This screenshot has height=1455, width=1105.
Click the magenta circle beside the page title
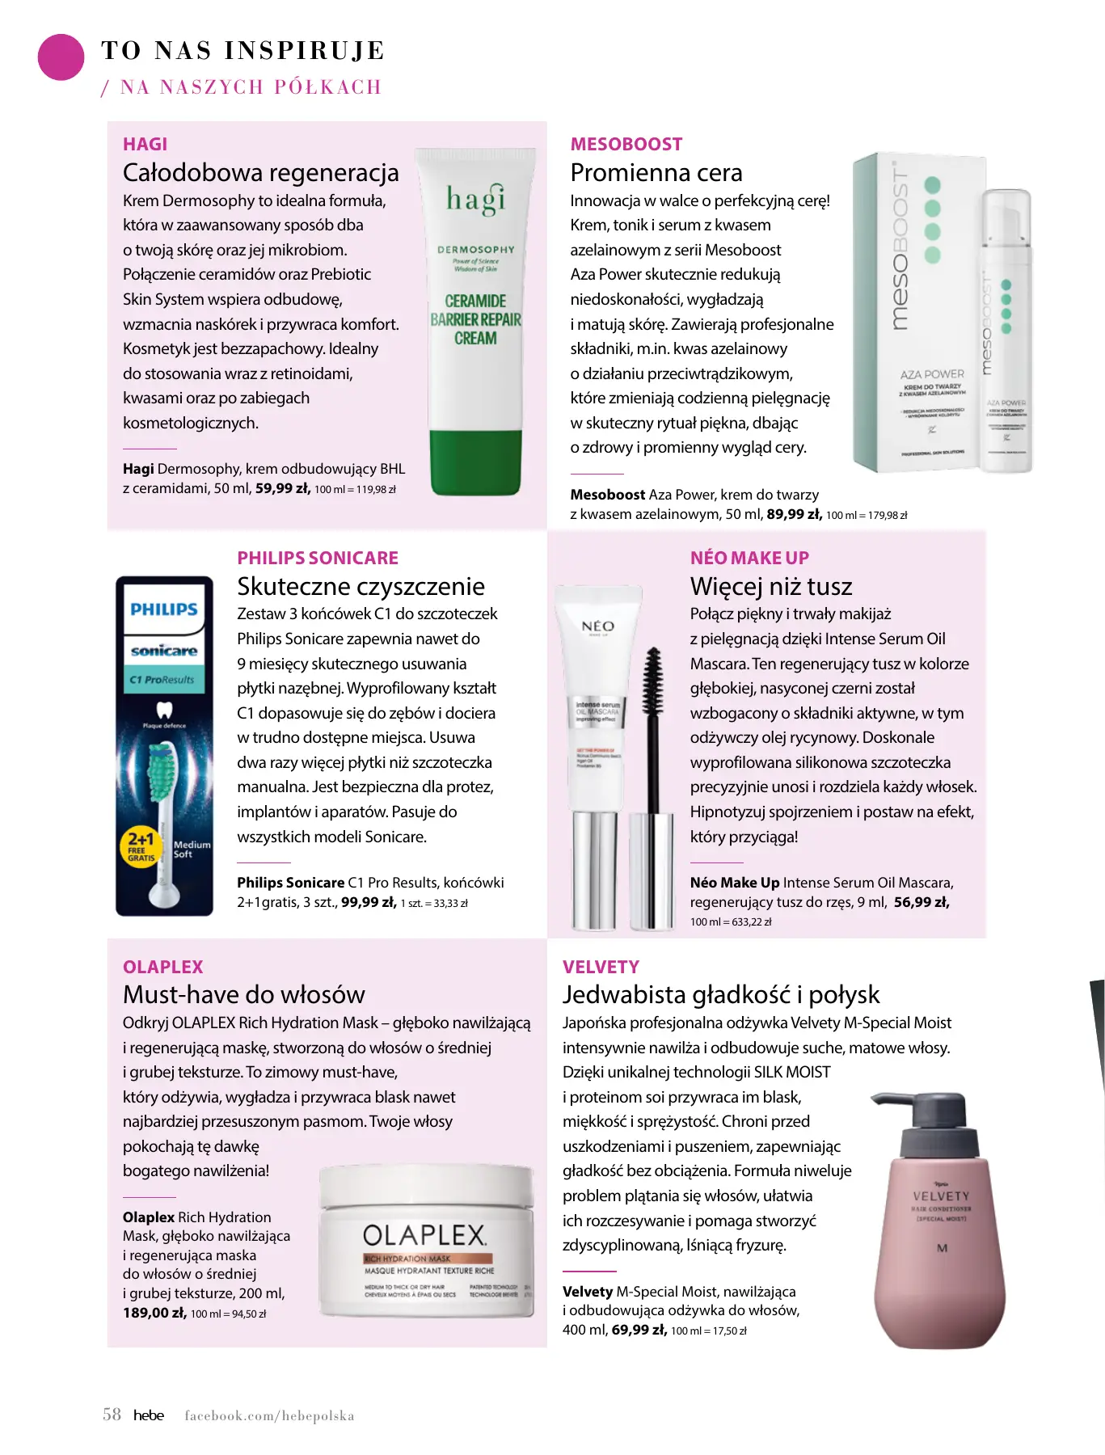pyautogui.click(x=61, y=57)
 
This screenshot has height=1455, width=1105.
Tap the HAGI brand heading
pyautogui.click(x=145, y=144)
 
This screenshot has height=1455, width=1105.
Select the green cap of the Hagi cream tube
pyautogui.click(x=475, y=462)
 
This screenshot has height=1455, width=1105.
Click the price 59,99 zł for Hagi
pyautogui.click(x=282, y=488)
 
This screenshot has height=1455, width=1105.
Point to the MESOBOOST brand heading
pyautogui.click(x=626, y=144)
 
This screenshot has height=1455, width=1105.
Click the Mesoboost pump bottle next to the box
pyautogui.click(x=1006, y=331)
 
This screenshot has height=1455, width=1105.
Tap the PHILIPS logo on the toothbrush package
pyautogui.click(x=164, y=609)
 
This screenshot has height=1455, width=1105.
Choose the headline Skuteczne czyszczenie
pyautogui.click(x=361, y=586)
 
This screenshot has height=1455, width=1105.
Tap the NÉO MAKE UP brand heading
pyautogui.click(x=749, y=558)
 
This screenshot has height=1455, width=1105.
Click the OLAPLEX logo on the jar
pyautogui.click(x=424, y=1235)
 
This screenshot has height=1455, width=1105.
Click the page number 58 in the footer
pyautogui.click(x=112, y=1415)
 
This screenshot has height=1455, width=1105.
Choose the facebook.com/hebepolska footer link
pyautogui.click(x=269, y=1415)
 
